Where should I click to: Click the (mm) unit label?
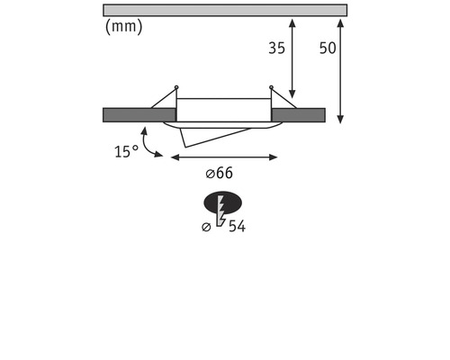(122, 26)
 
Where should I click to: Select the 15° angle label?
(126, 152)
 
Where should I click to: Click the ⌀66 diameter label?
(219, 173)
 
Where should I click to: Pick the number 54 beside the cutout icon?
(237, 226)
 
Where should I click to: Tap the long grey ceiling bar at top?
(224, 10)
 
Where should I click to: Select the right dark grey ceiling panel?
(298, 114)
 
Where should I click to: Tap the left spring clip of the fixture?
(165, 98)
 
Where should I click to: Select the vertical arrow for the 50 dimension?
(340, 68)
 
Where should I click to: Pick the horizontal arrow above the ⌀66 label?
(224, 157)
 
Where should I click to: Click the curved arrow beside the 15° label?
(148, 141)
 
